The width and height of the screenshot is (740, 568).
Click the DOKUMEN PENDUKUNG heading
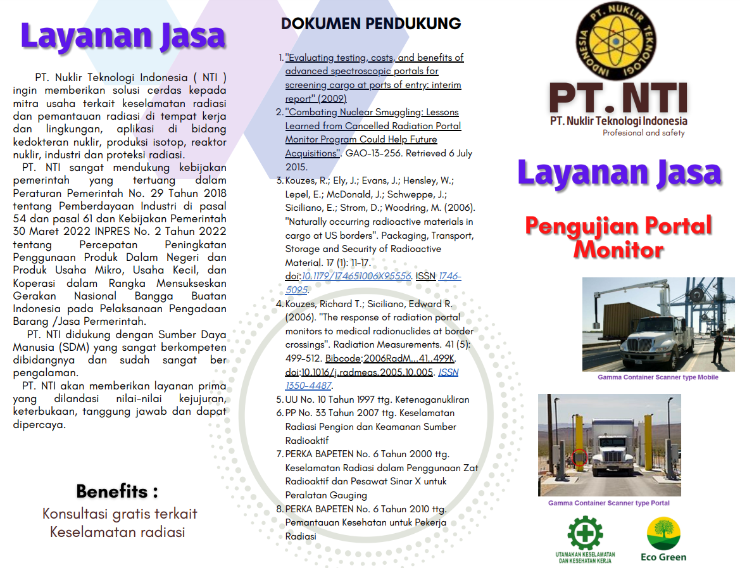click(371, 24)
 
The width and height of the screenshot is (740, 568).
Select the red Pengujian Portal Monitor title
click(618, 237)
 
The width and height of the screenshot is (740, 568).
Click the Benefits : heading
click(117, 491)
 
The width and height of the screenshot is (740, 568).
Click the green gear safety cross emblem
click(584, 533)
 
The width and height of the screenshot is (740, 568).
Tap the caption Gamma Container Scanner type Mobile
click(658, 377)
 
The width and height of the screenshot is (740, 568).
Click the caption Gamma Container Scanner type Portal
click(608, 503)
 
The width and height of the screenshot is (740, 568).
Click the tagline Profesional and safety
click(644, 133)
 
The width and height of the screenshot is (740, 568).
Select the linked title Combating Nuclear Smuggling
click(372, 112)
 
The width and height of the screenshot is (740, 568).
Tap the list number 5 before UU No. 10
click(279, 400)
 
